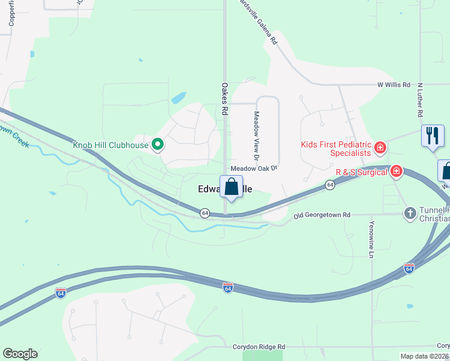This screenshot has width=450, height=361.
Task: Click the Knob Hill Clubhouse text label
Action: [x=111, y=144]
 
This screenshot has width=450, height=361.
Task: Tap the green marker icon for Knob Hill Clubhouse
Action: [x=158, y=144]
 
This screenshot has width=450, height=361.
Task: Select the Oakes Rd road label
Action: [x=224, y=99]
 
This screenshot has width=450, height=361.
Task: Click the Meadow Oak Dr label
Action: [x=253, y=168]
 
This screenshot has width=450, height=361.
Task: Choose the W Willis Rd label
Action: [x=393, y=85]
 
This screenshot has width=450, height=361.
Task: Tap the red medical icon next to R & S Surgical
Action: [x=396, y=171]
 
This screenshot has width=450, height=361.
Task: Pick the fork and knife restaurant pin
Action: [x=433, y=137]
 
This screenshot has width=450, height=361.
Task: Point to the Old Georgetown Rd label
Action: [x=322, y=215]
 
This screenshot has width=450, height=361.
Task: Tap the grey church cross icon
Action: [x=410, y=213]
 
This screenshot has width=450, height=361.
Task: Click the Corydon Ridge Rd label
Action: [x=259, y=347]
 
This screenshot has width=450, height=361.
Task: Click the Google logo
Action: [x=20, y=354]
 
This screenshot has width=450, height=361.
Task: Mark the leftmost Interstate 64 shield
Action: [x=60, y=292]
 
